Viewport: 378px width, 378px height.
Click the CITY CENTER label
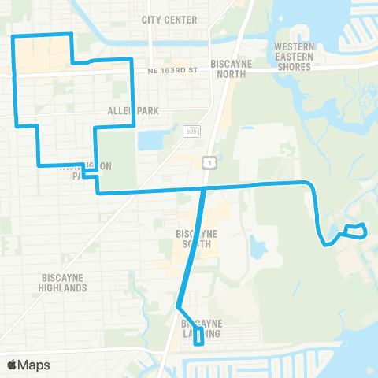pyautogui.click(x=169, y=19)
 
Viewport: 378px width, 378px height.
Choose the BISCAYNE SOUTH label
pyautogui.click(x=198, y=239)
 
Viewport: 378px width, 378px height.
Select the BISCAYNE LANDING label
pyautogui.click(x=202, y=328)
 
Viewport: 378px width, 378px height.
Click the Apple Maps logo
pyautogui.click(x=28, y=365)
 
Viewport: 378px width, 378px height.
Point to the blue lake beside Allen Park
pyautogui.click(x=149, y=140)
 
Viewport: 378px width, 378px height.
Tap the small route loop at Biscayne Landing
pyautogui.click(x=198, y=337)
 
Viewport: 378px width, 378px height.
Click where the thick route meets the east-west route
pyautogui.click(x=205, y=189)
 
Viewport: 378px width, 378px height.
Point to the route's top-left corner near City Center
pyautogui.click(x=13, y=37)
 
